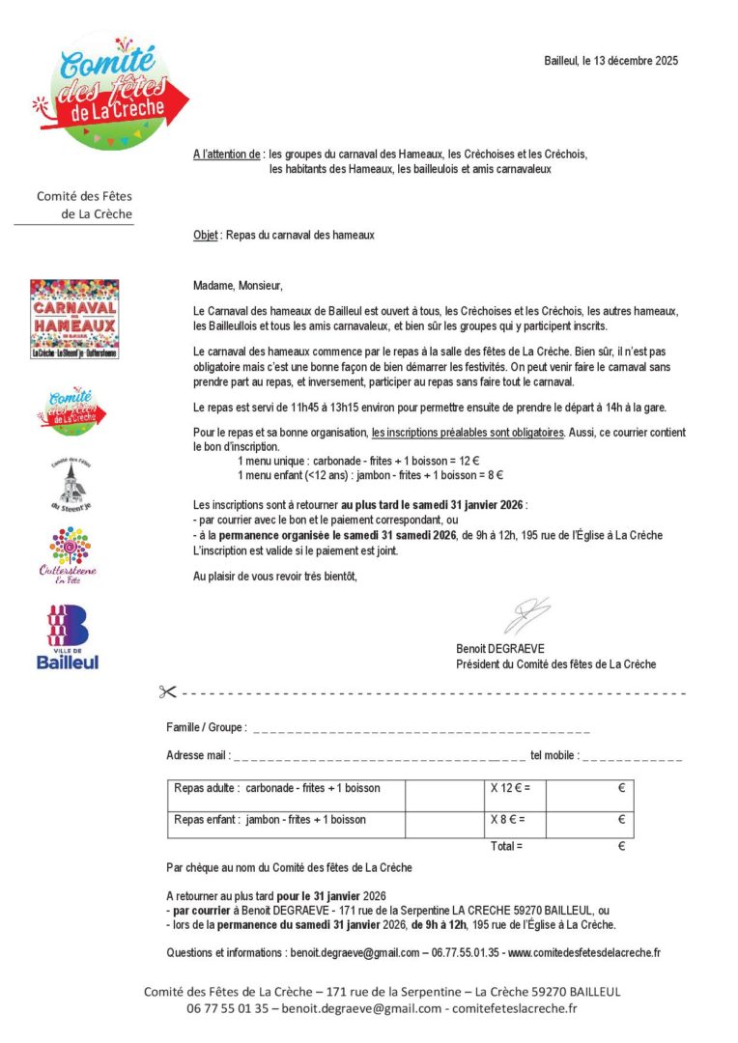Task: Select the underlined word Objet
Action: coord(205,235)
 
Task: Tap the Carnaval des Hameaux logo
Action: coord(74,320)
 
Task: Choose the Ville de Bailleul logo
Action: coord(68,637)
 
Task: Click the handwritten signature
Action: coord(526,616)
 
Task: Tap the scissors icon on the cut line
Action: coord(168,691)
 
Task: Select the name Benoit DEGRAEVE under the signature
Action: coord(500,649)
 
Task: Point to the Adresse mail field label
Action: coord(198,755)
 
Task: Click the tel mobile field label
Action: coord(554,755)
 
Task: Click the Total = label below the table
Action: coord(506,847)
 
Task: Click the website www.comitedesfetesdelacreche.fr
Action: coord(583,953)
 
